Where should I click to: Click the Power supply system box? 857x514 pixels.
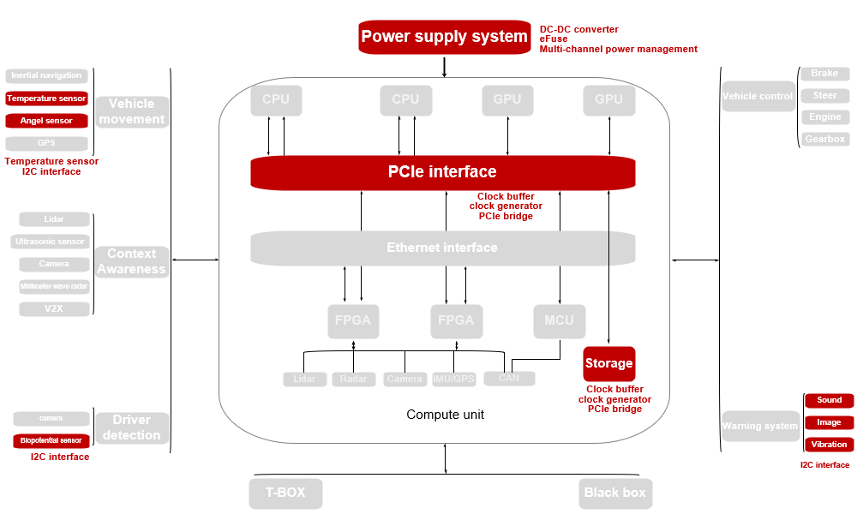pos(444,37)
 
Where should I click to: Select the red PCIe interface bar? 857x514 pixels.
pos(442,172)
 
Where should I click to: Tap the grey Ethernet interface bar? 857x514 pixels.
pos(442,248)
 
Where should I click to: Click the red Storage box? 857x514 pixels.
pos(608,363)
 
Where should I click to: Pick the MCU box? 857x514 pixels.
pos(559,320)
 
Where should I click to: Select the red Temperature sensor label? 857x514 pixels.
pos(46,99)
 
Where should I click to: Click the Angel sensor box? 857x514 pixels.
pos(46,121)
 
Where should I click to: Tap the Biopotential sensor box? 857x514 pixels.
pos(51,440)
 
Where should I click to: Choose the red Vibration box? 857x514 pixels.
pos(829,445)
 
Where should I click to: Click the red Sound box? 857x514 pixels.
pos(829,400)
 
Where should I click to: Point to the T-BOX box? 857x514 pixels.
pos(286,493)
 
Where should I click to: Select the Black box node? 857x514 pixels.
pos(615,493)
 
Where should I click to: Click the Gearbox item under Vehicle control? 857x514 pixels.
pos(825,139)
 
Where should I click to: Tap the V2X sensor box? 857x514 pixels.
pos(54,308)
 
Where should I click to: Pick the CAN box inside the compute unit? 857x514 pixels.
pos(509,378)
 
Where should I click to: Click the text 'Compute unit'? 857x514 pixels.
pos(445,415)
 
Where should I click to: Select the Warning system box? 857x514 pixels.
pos(759,426)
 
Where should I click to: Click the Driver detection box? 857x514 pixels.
pos(131,427)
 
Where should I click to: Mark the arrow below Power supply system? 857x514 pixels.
pos(444,67)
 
